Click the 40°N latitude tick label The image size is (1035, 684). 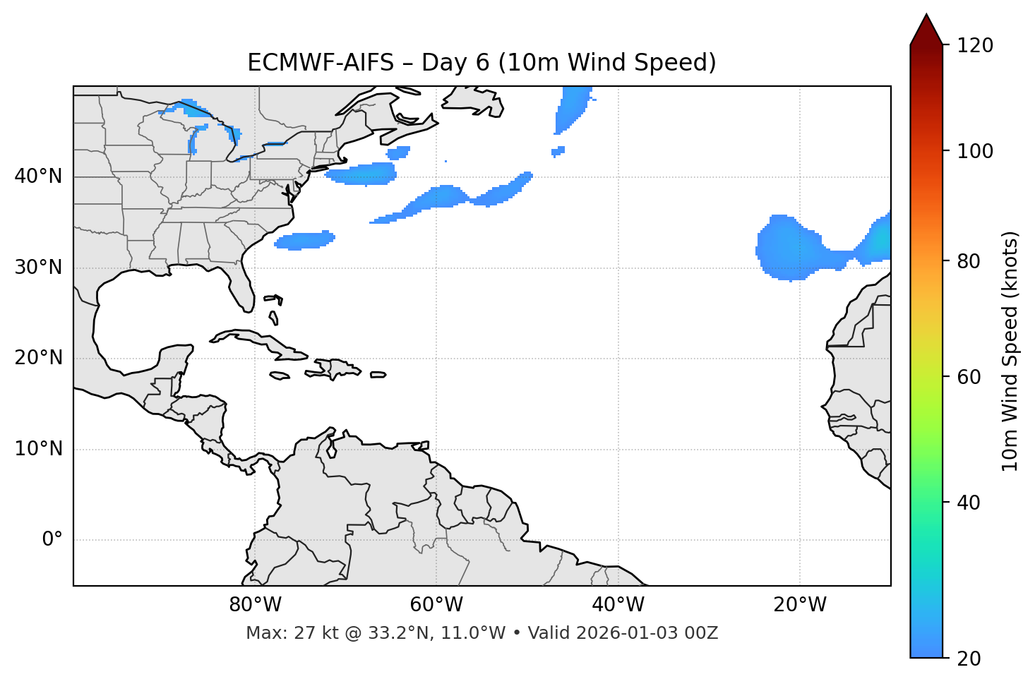(x=38, y=176)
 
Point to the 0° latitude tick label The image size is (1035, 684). (x=52, y=540)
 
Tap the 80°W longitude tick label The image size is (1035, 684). (x=255, y=605)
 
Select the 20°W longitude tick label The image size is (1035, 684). (x=800, y=605)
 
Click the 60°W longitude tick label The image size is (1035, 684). (x=436, y=605)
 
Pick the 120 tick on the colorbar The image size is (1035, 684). (x=975, y=46)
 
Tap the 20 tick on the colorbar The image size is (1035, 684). (x=968, y=659)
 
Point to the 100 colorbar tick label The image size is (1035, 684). (x=975, y=151)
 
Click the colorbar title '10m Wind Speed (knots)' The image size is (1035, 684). (x=1010, y=351)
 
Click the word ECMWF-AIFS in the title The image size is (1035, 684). (x=321, y=63)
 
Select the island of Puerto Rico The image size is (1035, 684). (x=378, y=375)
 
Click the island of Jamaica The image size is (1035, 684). (x=280, y=376)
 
